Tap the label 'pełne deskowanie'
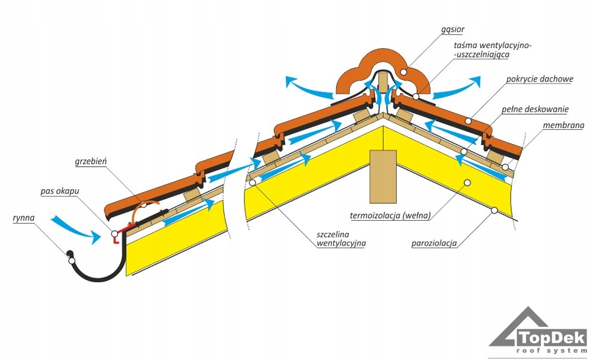tap(535, 109)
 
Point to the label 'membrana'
tap(563, 125)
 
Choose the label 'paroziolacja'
tap(435, 242)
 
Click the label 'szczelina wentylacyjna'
tap(340, 238)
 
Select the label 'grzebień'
tap(90, 161)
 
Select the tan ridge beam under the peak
tap(382, 175)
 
